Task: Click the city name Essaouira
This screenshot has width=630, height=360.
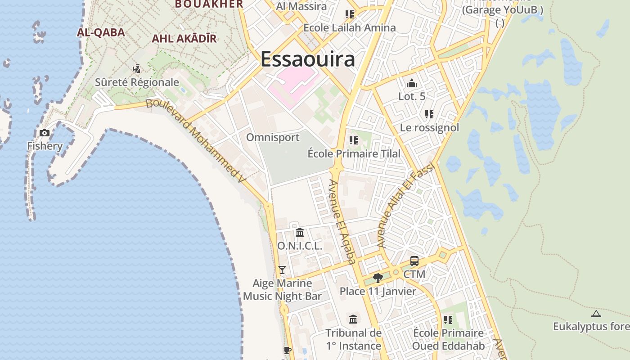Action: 308,59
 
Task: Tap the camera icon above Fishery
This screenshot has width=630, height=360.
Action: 45,133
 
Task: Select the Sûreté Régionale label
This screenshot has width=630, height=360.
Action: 137,82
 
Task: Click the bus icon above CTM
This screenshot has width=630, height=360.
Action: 414,261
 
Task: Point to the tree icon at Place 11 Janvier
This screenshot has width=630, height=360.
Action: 378,278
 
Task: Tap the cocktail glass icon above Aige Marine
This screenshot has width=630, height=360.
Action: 282,270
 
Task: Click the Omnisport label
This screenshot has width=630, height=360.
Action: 273,137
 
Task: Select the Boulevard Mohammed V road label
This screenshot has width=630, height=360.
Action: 197,140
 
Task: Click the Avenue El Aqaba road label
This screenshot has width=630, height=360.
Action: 342,221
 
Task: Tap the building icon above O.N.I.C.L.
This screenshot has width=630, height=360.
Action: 300,233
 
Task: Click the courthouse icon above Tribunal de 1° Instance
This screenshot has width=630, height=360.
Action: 353,319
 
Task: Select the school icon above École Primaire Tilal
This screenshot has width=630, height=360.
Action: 354,140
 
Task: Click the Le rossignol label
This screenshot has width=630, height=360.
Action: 429,128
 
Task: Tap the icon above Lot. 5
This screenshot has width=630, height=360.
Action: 411,84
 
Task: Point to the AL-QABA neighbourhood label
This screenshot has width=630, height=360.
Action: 101,32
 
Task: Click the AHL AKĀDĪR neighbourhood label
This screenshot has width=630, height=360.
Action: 184,39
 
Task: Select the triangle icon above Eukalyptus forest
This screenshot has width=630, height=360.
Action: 596,314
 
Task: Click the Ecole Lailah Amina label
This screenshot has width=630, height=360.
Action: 350,28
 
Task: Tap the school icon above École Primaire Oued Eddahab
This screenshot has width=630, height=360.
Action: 448,319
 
